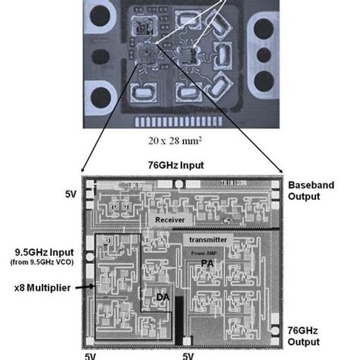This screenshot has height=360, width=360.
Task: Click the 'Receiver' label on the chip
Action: (x=171, y=219)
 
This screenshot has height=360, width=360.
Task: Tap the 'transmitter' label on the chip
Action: (x=210, y=239)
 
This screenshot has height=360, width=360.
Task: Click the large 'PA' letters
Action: (x=206, y=263)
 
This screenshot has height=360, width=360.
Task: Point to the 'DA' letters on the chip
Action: (x=162, y=297)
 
